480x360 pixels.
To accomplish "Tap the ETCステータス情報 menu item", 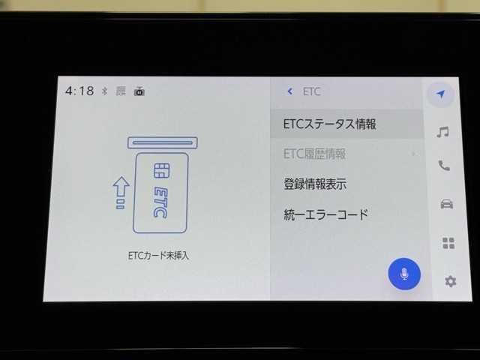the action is [x=330, y=124].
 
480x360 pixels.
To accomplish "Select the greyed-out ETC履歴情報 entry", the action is [x=314, y=154].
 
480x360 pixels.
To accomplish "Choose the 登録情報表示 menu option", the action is [x=315, y=184].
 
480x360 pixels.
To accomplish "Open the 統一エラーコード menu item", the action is [x=325, y=214].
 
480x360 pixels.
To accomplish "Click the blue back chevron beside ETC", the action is [x=290, y=91].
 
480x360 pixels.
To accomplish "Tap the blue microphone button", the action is [x=404, y=274].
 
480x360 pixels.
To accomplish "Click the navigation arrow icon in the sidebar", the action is [x=440, y=94].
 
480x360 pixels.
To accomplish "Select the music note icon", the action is [x=442, y=132].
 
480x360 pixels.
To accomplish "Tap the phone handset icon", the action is [x=444, y=166].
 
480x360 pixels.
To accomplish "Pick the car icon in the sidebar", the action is [x=447, y=204].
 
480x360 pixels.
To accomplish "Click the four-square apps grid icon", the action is [x=448, y=243].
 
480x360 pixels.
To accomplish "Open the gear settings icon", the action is [x=450, y=281].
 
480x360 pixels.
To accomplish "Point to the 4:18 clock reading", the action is [x=79, y=91].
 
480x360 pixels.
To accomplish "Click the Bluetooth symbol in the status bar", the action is [x=105, y=91].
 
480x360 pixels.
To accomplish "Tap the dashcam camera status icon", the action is [x=139, y=91].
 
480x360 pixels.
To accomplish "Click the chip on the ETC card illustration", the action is [x=161, y=171].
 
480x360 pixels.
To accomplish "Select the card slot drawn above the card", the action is [x=163, y=143].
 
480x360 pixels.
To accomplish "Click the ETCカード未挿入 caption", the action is [x=158, y=256].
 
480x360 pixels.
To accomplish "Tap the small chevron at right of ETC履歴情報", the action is [x=413, y=154].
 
